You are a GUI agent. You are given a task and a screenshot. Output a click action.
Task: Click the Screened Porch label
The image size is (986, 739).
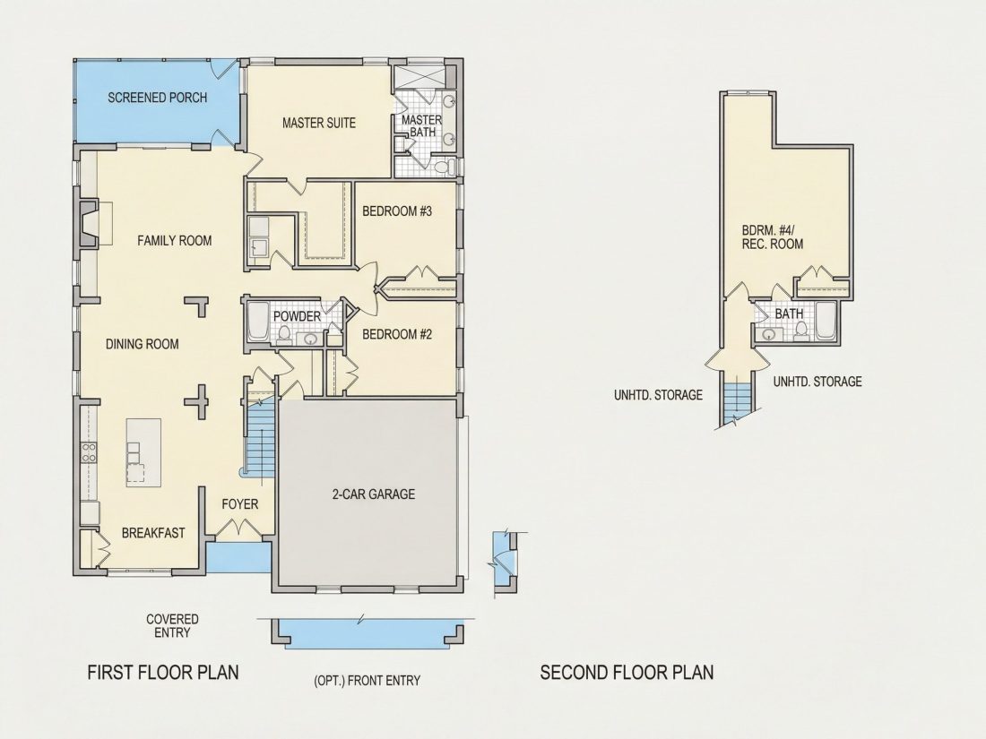pos(157,98)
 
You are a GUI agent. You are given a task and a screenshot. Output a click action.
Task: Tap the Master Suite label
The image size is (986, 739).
pos(319,123)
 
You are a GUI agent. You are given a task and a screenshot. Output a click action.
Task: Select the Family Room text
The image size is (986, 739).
pos(174,240)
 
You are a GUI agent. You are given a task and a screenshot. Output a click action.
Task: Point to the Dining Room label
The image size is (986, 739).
pos(143,344)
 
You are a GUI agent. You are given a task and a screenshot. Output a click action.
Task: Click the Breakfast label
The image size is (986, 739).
pos(153,533)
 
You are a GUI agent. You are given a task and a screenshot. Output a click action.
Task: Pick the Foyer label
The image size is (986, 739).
pos(239,504)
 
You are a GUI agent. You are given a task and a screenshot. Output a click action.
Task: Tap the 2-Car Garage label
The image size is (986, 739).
pos(374,494)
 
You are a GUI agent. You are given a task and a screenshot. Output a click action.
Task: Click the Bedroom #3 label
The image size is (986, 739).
pos(397,211)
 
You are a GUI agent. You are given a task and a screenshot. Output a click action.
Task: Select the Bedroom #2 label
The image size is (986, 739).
pos(397,334)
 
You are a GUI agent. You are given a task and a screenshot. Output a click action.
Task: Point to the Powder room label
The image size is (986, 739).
pos(297,316)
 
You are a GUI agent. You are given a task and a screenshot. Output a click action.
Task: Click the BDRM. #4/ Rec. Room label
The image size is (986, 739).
pos(772,236)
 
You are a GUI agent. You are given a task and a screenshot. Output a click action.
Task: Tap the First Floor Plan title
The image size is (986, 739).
pos(163,673)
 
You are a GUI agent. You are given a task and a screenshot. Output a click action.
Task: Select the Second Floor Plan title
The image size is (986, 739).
pos(627,673)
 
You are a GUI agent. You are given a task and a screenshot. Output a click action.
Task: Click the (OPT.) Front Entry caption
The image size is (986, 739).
pos(367,680)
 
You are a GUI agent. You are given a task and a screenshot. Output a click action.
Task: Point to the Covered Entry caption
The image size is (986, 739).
pos(172,626)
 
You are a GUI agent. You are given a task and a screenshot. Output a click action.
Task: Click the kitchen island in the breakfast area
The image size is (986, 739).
pos(143,452)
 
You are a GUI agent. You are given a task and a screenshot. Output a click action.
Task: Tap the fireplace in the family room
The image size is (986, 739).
pos(88,223)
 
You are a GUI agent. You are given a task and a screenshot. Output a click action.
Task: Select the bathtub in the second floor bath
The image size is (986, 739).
pos(826,321)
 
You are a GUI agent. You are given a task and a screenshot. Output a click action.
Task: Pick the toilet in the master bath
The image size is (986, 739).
pos(445,168)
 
